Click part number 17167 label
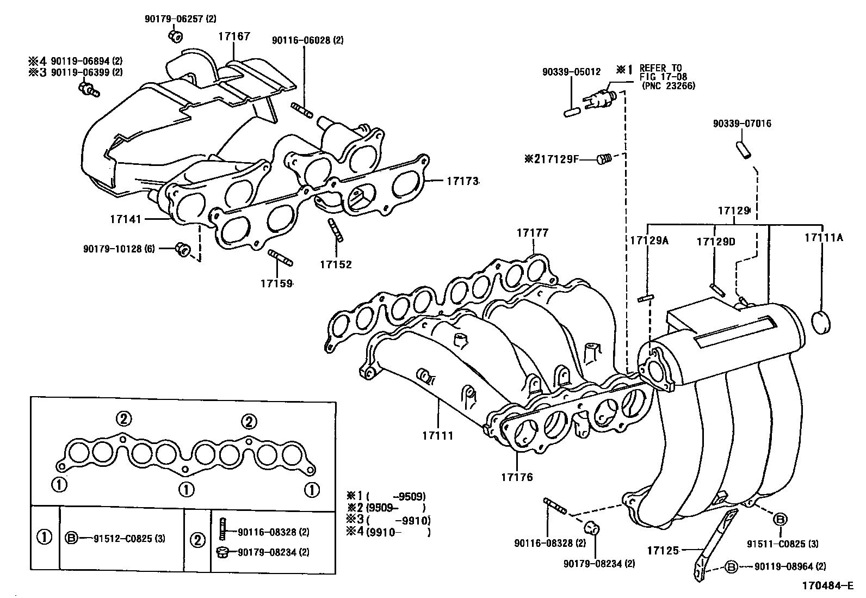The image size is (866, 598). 234,36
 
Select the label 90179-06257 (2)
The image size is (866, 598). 180,19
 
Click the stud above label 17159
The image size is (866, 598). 281,257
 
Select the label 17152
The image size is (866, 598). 336,264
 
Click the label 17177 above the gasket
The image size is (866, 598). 532,233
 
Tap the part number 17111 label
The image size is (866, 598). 437,436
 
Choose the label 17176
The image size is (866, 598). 517,477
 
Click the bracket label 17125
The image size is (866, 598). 663,551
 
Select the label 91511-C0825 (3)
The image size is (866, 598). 783,543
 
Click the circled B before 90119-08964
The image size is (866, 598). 732,567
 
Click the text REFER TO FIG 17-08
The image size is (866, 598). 660,72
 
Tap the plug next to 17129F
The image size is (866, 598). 604,159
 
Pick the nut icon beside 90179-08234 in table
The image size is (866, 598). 222,552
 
